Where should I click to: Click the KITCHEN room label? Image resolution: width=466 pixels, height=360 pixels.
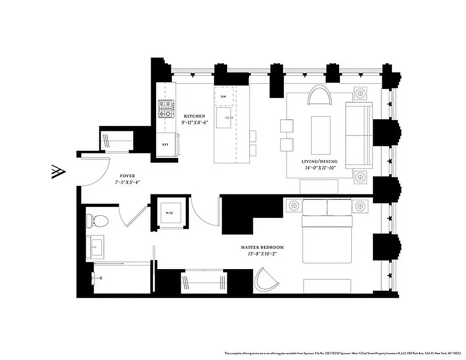coord(193,116)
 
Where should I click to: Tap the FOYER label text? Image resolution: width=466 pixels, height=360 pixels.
coord(127,176)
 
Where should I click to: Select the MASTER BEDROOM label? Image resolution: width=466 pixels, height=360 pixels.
coord(262,247)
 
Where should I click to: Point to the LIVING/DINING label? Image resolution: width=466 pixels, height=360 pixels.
coord(319,161)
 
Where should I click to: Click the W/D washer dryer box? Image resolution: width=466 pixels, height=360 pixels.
coord(170,212)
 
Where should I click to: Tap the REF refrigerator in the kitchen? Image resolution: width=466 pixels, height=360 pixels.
coord(165,145)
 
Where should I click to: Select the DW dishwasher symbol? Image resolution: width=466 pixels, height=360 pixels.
coord(224,97)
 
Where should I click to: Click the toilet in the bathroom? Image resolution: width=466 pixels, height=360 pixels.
coord(98,220)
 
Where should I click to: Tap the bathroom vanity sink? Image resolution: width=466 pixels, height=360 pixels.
coord(97,247)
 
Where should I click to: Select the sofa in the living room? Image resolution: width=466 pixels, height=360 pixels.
coord(359,135)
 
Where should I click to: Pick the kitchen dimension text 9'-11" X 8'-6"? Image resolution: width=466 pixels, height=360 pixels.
coord(194,122)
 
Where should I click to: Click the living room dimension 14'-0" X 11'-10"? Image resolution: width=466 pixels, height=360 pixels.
coord(319,168)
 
